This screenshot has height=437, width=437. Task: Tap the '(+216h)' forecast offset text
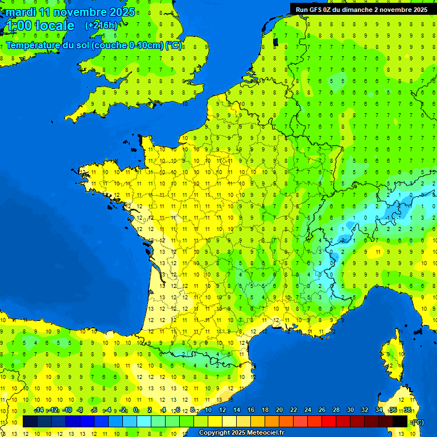(x=101, y=25)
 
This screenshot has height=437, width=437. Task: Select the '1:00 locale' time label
(x=39, y=26)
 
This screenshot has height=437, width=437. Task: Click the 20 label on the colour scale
(x=279, y=410)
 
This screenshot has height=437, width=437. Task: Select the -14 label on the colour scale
(x=39, y=410)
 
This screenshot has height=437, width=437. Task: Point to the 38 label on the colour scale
(x=407, y=410)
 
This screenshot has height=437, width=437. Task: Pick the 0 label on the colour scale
(x=135, y=410)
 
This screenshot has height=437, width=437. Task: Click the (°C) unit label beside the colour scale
(x=418, y=422)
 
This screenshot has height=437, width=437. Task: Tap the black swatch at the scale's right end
(x=400, y=421)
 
